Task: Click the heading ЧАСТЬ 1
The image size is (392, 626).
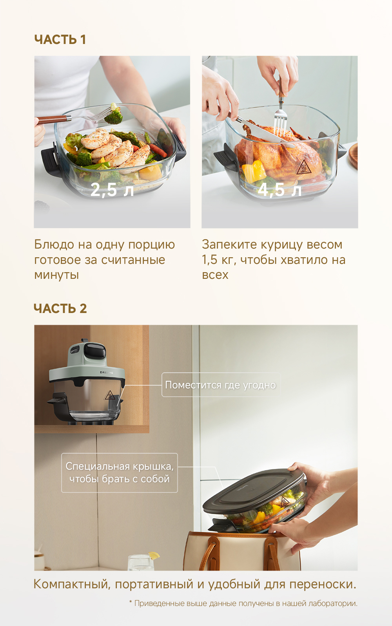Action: click(60, 39)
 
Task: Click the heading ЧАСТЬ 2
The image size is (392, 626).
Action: click(60, 309)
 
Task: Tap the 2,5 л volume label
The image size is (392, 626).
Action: click(112, 190)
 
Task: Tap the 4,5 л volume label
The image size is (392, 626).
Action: click(279, 190)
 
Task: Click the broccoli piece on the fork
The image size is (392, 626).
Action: click(114, 115)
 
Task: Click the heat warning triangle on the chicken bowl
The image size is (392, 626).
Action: click(303, 167)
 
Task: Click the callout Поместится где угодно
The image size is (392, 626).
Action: click(220, 385)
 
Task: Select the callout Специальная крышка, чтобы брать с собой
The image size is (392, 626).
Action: click(120, 472)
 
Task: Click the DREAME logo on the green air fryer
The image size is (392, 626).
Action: click(107, 373)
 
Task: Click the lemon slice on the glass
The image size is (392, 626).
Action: click(154, 555)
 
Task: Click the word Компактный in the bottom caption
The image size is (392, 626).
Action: click(71, 584)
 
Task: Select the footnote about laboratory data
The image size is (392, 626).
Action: click(243, 603)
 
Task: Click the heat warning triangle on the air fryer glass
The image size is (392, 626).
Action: click(110, 395)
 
